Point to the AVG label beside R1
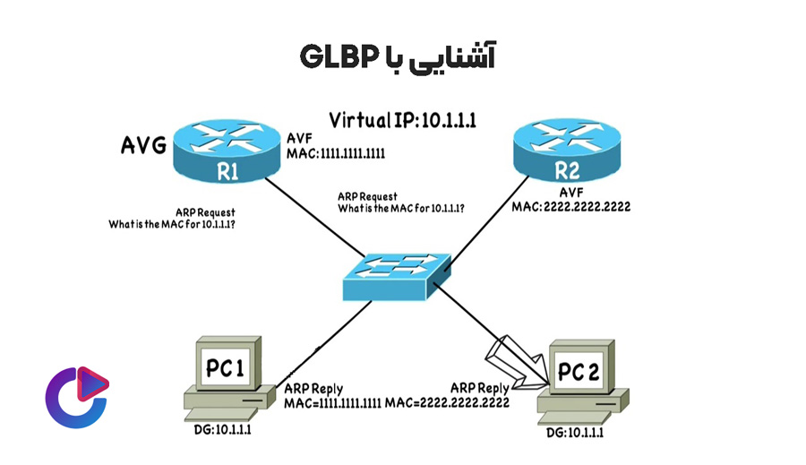click(143, 146)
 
